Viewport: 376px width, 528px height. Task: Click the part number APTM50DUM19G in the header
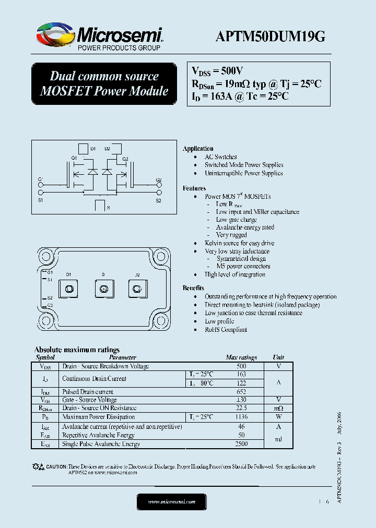click(270, 36)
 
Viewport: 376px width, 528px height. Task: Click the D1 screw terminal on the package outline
click(69, 288)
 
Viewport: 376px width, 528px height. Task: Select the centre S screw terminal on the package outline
click(103, 288)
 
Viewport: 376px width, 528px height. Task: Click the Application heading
click(198, 149)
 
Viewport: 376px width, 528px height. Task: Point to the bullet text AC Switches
click(220, 157)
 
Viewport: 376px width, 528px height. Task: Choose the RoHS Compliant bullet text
click(226, 330)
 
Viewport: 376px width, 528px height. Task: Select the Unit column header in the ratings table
click(278, 357)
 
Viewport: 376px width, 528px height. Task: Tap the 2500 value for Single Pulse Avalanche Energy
click(241, 444)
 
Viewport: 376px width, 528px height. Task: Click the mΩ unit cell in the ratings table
click(278, 409)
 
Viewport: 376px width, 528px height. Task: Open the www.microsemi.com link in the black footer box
click(171, 501)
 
